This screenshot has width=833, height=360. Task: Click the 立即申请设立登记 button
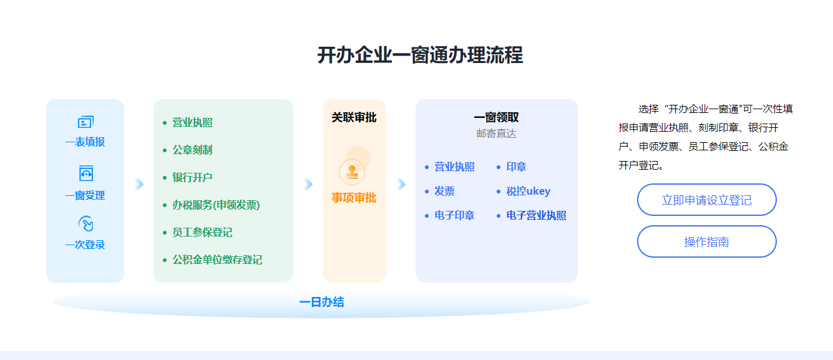tap(706, 200)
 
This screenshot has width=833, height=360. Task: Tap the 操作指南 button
tap(706, 242)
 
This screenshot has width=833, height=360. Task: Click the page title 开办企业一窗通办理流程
tap(420, 56)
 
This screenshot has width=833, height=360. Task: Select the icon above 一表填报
tap(85, 122)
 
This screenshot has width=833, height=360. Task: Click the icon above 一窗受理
tap(85, 173)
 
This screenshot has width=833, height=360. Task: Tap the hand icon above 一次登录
tap(85, 224)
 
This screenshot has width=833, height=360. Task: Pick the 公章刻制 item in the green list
tap(192, 150)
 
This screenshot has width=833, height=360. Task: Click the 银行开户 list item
tap(192, 178)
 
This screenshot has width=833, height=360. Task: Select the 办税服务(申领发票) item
tap(216, 205)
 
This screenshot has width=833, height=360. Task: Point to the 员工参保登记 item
tap(202, 233)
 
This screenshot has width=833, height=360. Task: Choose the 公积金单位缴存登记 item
tap(217, 260)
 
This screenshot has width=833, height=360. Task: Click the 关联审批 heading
tap(354, 118)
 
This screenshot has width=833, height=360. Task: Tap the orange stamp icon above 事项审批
tap(352, 172)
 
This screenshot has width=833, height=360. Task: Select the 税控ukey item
tap(528, 192)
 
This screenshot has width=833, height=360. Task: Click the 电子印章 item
tap(454, 216)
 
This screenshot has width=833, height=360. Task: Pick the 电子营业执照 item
tap(536, 216)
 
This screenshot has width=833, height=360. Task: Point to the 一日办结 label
tap(321, 303)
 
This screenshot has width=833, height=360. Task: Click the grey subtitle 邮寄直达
tap(496, 134)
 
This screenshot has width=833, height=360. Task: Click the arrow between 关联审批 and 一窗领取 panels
tap(401, 184)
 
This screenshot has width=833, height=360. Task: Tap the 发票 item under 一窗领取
tap(444, 192)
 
